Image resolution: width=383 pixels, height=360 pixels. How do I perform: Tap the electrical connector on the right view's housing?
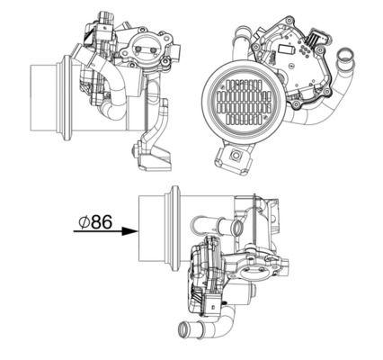316,40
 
